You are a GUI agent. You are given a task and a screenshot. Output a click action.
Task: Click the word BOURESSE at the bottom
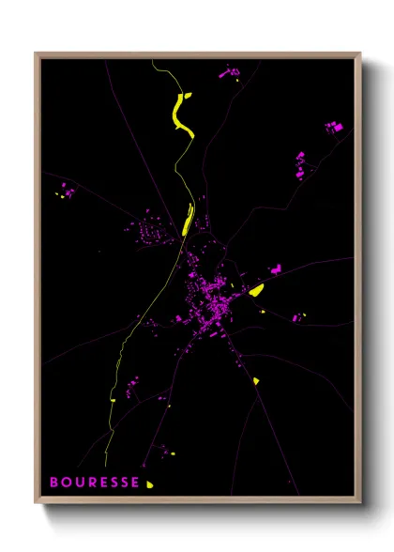(x=95, y=483)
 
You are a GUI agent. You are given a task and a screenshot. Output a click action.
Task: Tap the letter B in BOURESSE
(x=53, y=483)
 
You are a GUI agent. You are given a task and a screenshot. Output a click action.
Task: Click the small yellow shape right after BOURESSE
(x=149, y=484)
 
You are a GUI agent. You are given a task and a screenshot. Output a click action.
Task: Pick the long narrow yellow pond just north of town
(x=188, y=219)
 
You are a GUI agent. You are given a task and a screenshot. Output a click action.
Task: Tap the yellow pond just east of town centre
(x=255, y=290)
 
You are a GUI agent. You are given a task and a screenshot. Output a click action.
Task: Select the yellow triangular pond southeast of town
(x=255, y=380)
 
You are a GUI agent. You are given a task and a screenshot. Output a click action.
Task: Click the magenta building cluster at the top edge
(x=228, y=71)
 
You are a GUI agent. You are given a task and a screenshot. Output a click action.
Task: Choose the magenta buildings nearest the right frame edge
(x=333, y=127)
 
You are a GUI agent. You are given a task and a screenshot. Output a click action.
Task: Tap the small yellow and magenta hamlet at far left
(x=66, y=192)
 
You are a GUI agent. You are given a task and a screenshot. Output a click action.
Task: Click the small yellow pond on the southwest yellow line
(x=113, y=400)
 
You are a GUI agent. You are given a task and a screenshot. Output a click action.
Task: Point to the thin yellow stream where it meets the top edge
(x=154, y=61)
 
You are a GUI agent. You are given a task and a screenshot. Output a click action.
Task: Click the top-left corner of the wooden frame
(x=37, y=54)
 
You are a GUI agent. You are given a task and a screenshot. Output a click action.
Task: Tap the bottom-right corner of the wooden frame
(x=359, y=503)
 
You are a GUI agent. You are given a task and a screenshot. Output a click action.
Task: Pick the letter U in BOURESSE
(x=78, y=483)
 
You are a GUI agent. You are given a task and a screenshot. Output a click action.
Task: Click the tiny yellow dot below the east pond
(x=265, y=312)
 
